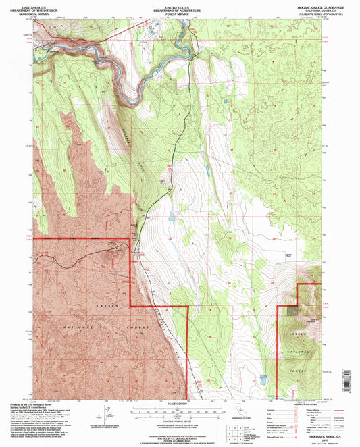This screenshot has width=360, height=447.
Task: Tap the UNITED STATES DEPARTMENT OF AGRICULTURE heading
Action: click(180, 9)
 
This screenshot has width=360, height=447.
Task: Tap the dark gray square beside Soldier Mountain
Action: click(292, 311)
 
